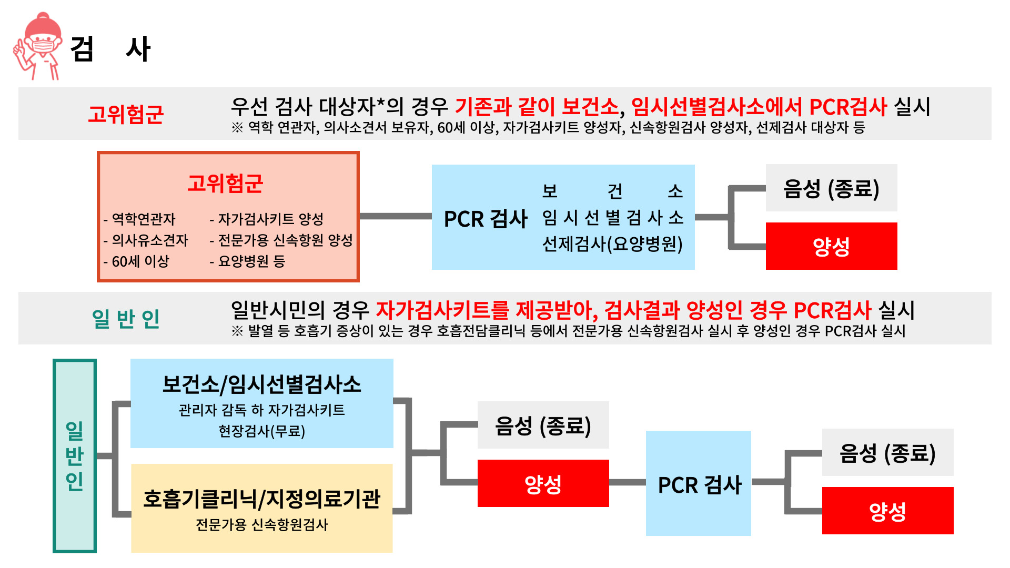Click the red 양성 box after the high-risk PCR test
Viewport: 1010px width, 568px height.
point(831,246)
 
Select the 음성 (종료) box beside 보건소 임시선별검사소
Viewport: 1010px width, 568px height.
point(831,188)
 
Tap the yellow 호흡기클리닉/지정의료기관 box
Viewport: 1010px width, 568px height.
point(261,508)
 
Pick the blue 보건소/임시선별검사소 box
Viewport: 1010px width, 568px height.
point(261,403)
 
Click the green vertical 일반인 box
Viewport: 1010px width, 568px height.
point(75,455)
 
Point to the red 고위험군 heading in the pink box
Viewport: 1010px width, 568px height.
point(225,184)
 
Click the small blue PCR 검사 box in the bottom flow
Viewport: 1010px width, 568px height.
point(698,483)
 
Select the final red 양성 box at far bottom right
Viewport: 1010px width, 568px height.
point(887,511)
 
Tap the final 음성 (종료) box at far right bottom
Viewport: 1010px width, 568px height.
point(887,453)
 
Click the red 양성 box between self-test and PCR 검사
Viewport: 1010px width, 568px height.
point(543,483)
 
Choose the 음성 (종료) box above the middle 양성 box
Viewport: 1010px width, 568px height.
point(543,425)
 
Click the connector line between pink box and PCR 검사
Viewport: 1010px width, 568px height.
point(395,216)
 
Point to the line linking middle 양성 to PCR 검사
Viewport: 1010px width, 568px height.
point(627,482)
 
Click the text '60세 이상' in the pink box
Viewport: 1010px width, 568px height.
point(140,261)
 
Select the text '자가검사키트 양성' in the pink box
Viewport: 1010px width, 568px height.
point(271,219)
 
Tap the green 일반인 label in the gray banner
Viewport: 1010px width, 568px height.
point(126,319)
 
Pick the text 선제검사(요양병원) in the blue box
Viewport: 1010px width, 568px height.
point(612,244)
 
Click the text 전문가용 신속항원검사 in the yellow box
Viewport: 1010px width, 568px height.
point(261,525)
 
